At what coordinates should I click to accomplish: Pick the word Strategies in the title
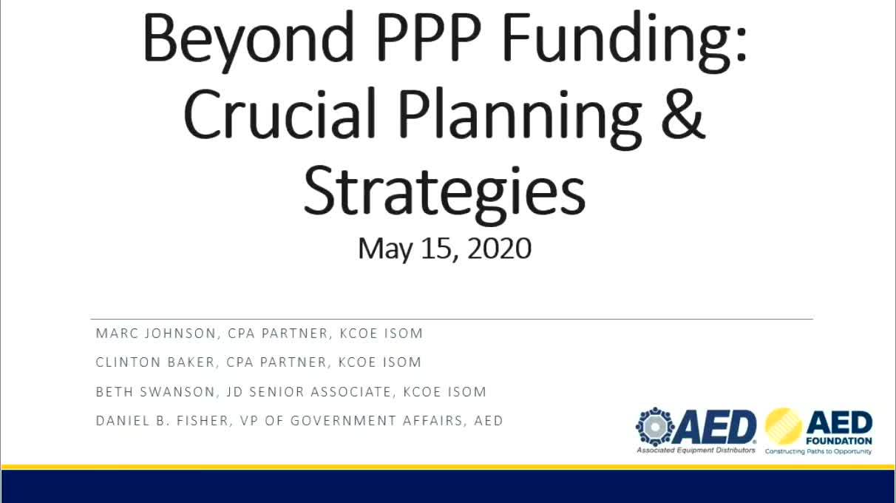tap(444, 193)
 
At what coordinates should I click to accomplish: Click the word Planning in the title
tap(520, 118)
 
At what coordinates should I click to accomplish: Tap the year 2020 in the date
tap(499, 249)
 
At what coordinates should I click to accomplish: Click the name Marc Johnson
tap(156, 334)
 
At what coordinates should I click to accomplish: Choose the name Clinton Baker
tap(155, 362)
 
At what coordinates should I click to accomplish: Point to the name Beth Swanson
tap(155, 392)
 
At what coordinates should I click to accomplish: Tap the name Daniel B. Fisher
tap(162, 421)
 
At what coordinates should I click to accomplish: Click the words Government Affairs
tap(376, 421)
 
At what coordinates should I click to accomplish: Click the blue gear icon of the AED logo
tap(655, 427)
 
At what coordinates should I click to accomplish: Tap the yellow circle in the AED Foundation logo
tap(784, 427)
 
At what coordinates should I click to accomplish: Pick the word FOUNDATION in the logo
tap(839, 441)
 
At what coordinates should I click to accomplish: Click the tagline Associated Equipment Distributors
tap(696, 450)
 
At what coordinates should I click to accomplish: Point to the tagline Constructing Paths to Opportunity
tap(818, 452)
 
